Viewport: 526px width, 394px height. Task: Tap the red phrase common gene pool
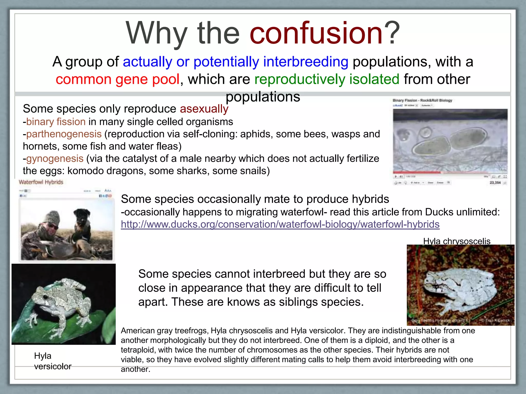[x=118, y=79]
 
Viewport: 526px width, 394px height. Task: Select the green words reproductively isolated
[x=327, y=79]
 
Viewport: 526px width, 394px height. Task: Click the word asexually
[x=204, y=109]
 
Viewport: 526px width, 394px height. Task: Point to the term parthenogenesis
[x=64, y=134]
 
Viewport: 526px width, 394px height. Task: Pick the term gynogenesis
[x=55, y=159]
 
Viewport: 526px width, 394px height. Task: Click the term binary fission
[x=56, y=122]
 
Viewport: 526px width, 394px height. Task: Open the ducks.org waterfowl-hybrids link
[x=280, y=224]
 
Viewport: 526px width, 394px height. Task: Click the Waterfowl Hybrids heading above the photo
[x=41, y=182]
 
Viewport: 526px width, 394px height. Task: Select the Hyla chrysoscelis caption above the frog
[x=457, y=241]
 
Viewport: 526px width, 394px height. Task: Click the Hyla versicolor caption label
[x=52, y=361]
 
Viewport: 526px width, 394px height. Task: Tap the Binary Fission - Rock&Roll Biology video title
[x=422, y=100]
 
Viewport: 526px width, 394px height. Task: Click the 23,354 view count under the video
[x=495, y=183]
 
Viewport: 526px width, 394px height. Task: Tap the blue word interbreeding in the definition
[x=306, y=62]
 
